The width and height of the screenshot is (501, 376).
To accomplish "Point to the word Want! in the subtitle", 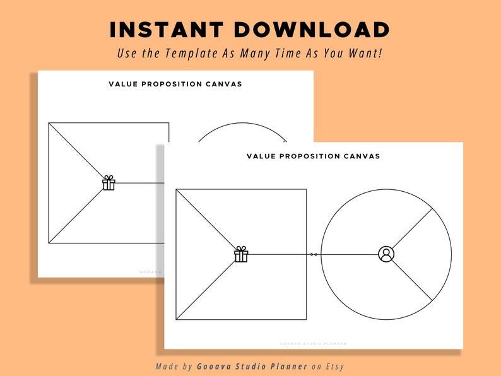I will coord(365,54).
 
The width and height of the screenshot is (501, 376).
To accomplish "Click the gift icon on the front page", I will coord(241,254).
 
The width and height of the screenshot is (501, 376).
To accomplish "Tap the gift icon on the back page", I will coord(109,183).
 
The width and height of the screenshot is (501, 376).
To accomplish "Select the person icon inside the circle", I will coord(386,254).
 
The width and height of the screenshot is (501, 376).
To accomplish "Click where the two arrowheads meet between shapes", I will coord(314,254).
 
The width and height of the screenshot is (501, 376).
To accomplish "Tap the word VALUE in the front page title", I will coord(260,156).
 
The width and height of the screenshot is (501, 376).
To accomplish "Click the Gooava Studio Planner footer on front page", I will coord(313,344).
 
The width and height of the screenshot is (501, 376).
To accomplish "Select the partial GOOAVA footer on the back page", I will coord(151,272).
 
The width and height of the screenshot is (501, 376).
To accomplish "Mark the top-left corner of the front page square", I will coord(177,189).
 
